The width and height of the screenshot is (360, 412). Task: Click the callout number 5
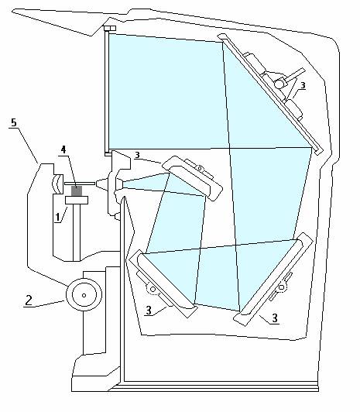coord(14,122)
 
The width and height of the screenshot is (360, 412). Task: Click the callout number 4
coord(63,149)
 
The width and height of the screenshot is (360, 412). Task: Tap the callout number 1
coord(57,218)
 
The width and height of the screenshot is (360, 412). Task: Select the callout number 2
coord(29,300)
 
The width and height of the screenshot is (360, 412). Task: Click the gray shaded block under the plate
coord(77,191)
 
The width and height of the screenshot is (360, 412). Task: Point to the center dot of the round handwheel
coord(84,295)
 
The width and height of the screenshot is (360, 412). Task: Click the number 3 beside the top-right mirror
coord(303,85)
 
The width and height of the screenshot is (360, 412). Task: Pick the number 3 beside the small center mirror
coord(137,155)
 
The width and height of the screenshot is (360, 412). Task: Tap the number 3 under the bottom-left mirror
coord(149,311)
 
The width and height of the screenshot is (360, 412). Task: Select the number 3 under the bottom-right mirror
coord(275,318)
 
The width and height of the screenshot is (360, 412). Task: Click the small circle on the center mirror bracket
coord(200,168)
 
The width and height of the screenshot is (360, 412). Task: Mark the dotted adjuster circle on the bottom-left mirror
coord(153,290)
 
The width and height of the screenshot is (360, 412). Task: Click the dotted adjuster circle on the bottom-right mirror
coord(281,287)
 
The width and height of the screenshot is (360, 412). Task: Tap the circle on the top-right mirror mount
coord(279,84)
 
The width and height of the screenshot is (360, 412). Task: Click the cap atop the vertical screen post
coord(110,29)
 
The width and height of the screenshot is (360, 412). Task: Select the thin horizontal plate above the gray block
coord(79,184)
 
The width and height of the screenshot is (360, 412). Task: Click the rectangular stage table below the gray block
coord(77,200)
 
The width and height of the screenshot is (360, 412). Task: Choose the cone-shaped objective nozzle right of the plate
coord(102,184)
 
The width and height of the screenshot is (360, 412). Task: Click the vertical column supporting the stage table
coord(77,232)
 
